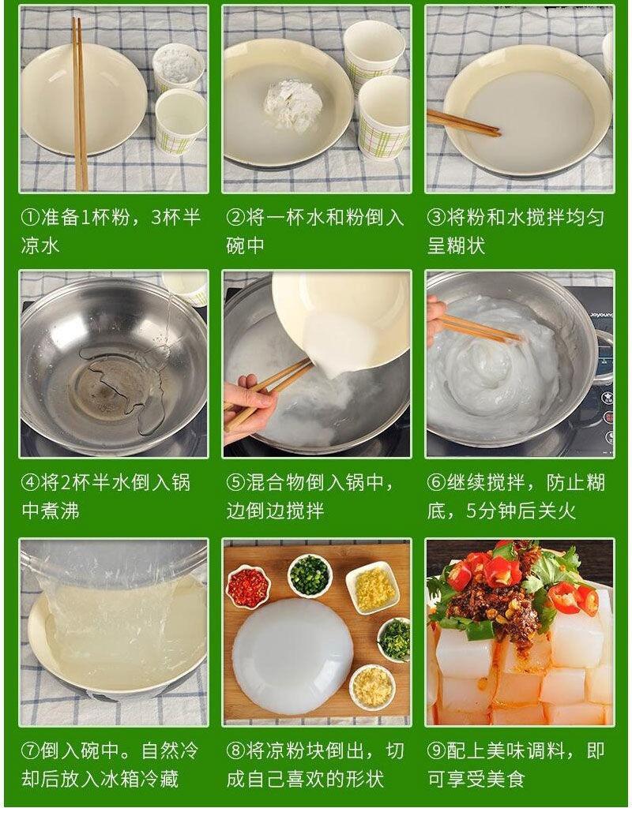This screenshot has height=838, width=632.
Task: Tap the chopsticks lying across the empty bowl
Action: click(x=81, y=104)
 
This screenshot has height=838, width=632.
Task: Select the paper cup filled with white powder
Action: click(x=179, y=67)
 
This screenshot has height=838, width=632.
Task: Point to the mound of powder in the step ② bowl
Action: click(x=292, y=105)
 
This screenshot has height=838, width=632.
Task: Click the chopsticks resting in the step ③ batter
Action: click(x=464, y=123)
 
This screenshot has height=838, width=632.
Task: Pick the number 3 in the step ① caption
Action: click(x=156, y=218)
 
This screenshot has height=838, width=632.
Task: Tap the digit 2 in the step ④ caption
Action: click(x=66, y=483)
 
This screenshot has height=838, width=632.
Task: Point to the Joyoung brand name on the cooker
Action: click(x=601, y=315)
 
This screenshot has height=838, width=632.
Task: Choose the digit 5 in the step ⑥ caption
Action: click(x=471, y=511)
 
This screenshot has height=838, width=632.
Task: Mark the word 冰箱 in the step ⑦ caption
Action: click(x=118, y=779)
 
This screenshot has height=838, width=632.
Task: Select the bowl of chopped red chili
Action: click(x=248, y=587)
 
